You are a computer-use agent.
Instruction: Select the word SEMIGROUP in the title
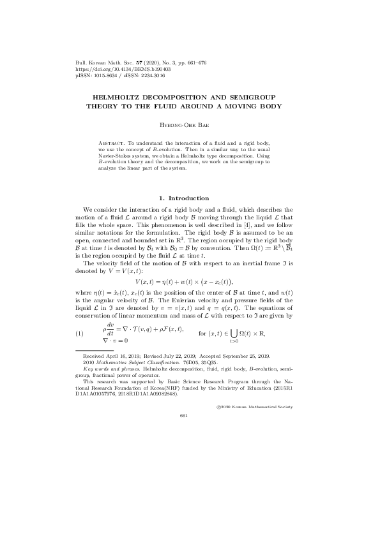pos(259,96)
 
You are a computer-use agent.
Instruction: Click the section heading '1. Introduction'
pos(190,198)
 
